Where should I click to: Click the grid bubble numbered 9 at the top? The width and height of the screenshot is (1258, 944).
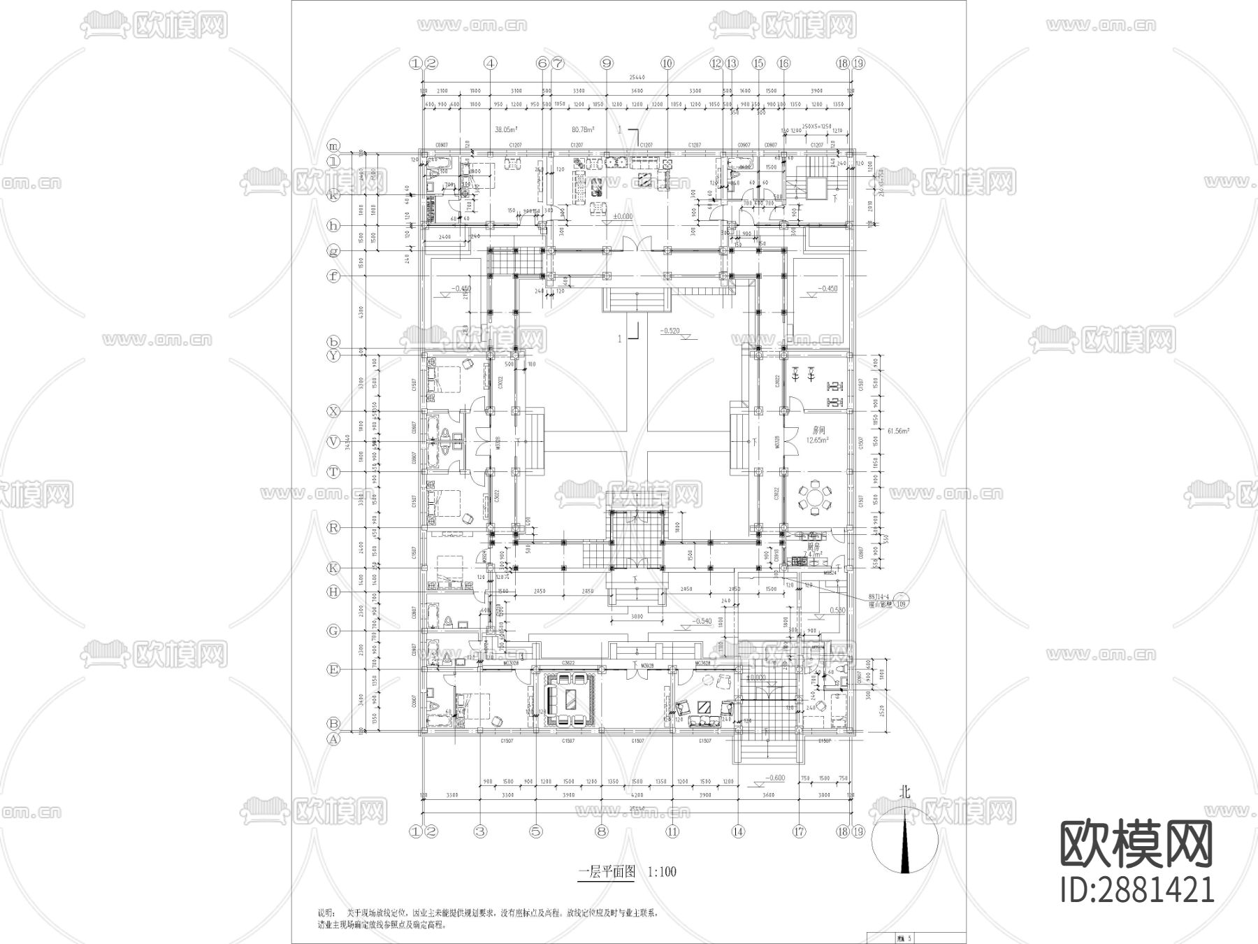pyautogui.click(x=607, y=63)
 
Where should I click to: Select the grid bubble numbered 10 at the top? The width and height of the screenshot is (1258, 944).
pyautogui.click(x=667, y=63)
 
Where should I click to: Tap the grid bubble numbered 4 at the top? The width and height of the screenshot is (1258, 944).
pyautogui.click(x=491, y=63)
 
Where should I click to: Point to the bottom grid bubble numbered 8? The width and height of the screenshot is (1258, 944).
pyautogui.click(x=602, y=832)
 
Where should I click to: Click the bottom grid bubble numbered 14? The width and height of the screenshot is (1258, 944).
pyautogui.click(x=738, y=832)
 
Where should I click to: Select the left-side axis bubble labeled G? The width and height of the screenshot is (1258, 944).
pyautogui.click(x=334, y=631)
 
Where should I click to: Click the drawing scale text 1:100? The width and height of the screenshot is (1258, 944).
pyautogui.click(x=662, y=872)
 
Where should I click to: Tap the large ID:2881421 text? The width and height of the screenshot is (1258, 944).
pyautogui.click(x=1137, y=890)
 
